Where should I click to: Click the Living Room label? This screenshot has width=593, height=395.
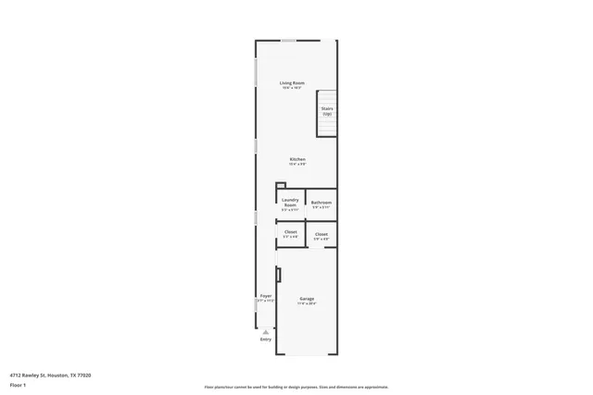(293, 83)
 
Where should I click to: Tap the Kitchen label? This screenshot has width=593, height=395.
(297, 159)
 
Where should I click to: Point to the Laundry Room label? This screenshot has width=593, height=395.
(290, 203)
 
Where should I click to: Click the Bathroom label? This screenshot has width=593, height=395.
(322, 203)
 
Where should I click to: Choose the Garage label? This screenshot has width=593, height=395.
(307, 299)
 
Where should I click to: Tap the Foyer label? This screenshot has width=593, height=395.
(266, 296)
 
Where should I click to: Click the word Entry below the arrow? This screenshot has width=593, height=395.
(266, 339)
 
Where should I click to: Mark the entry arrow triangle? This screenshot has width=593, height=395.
(266, 330)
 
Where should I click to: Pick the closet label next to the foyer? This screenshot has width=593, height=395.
(291, 231)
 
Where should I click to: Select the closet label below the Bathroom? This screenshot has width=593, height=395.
(322, 234)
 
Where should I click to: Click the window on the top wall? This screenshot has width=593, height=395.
(289, 40)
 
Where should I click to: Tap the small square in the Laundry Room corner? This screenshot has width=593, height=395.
(281, 185)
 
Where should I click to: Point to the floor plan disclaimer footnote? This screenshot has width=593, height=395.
(296, 386)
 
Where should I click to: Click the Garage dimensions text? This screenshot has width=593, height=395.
(307, 303)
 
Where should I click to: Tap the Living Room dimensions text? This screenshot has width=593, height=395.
(293, 88)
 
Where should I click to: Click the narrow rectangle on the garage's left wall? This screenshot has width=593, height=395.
(278, 275)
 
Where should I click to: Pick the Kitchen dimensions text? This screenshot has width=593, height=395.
(297, 164)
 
